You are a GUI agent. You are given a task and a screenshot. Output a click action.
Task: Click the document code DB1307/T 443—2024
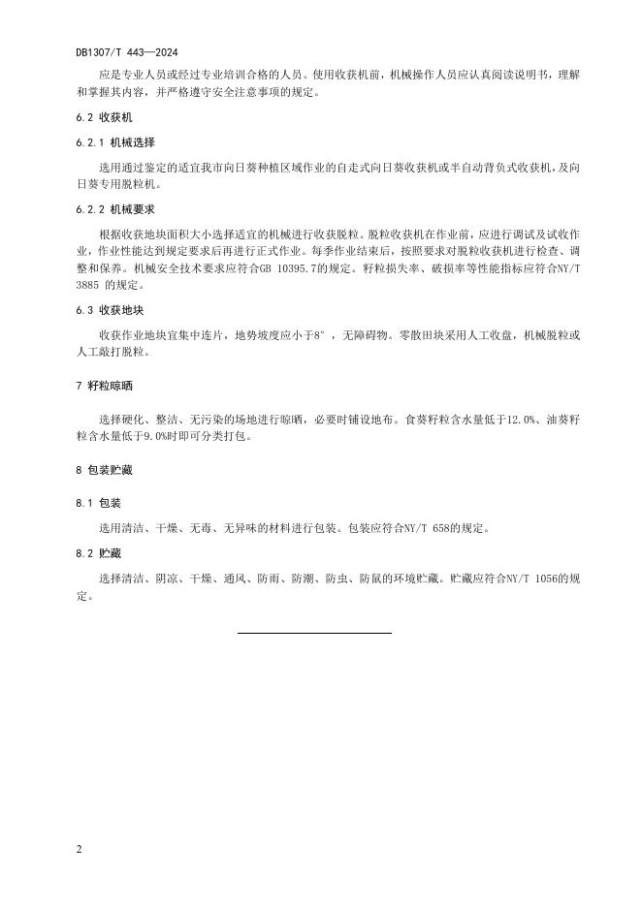pyautogui.click(x=126, y=51)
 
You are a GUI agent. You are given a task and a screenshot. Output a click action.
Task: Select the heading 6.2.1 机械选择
pyautogui.click(x=114, y=141)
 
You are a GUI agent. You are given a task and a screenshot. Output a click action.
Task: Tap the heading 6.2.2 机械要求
pyautogui.click(x=114, y=209)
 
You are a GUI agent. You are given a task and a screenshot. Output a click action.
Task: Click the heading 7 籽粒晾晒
pyautogui.click(x=104, y=386)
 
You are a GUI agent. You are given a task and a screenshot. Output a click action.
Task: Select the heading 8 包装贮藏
pyautogui.click(x=104, y=470)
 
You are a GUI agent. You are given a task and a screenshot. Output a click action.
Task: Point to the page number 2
pyautogui.click(x=79, y=849)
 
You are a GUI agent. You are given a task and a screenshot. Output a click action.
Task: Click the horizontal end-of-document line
pyautogui.click(x=314, y=633)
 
